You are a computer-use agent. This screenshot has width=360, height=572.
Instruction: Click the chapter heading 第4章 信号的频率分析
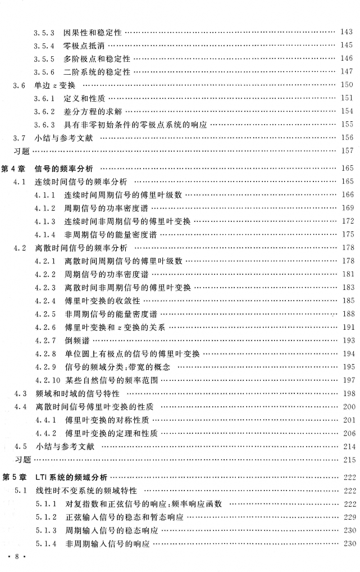51,168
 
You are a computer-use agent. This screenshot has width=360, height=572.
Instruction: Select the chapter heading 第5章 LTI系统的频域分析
56,477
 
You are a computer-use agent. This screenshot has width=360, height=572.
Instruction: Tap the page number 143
347,32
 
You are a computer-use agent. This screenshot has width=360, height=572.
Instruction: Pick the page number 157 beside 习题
347,151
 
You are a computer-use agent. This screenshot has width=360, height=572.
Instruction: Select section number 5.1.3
45,530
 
